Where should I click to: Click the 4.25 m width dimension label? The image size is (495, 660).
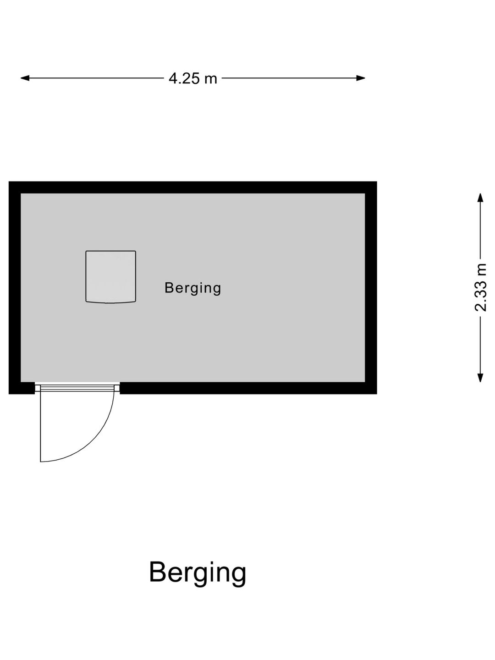coord(192,78)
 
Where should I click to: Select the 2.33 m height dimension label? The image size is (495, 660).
coord(480,287)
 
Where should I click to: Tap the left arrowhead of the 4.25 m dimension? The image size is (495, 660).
coord(25,78)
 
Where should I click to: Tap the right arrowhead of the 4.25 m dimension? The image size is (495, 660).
coord(361,78)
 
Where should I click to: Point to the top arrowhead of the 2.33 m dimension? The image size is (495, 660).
coord(480,198)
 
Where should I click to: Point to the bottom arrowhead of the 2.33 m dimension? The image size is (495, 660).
coord(480,378)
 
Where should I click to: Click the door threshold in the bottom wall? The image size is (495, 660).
coord(77,388)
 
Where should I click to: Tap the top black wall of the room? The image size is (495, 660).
coord(192,187)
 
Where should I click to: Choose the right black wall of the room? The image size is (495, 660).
coord(371,287)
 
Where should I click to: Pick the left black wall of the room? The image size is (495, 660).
coord(14,287)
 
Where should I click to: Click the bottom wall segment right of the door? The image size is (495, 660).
coord(248,388)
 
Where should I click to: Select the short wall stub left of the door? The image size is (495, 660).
coord(22,388)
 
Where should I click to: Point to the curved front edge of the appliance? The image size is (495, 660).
coord(110,302)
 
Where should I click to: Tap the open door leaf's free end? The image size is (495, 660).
coord(41,461)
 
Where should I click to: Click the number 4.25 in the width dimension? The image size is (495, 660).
coord(184,78)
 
